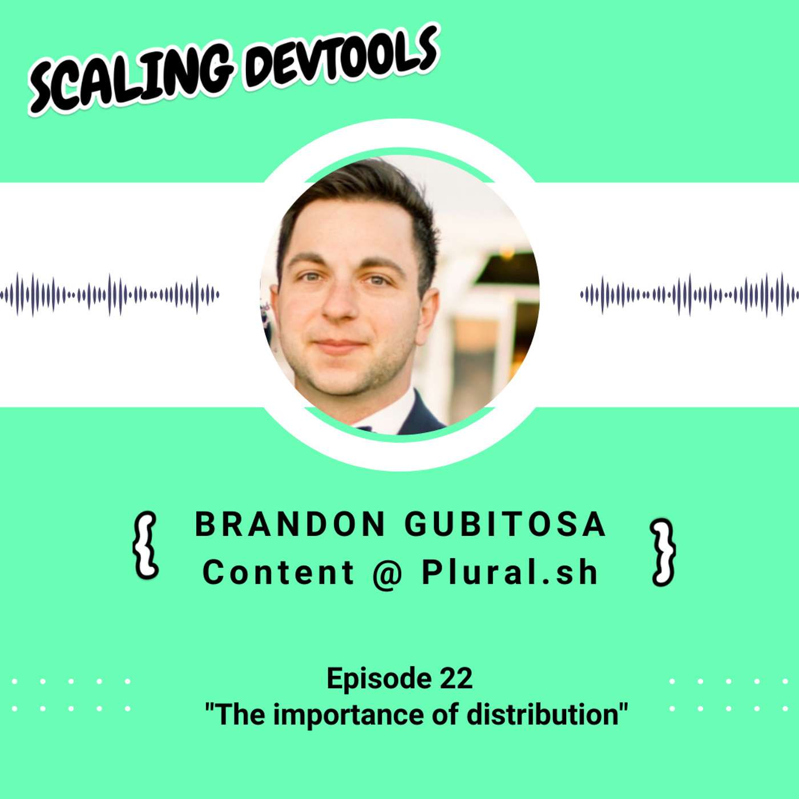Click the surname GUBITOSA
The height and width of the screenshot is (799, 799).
(x=505, y=524)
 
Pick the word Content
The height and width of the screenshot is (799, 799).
(x=279, y=572)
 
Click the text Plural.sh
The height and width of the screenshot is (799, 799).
(x=510, y=572)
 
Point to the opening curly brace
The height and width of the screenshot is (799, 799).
(x=145, y=546)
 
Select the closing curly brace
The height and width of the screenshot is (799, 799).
(x=663, y=551)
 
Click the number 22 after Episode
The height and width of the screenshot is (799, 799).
(x=456, y=678)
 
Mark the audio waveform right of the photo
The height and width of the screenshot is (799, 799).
(x=689, y=295)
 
